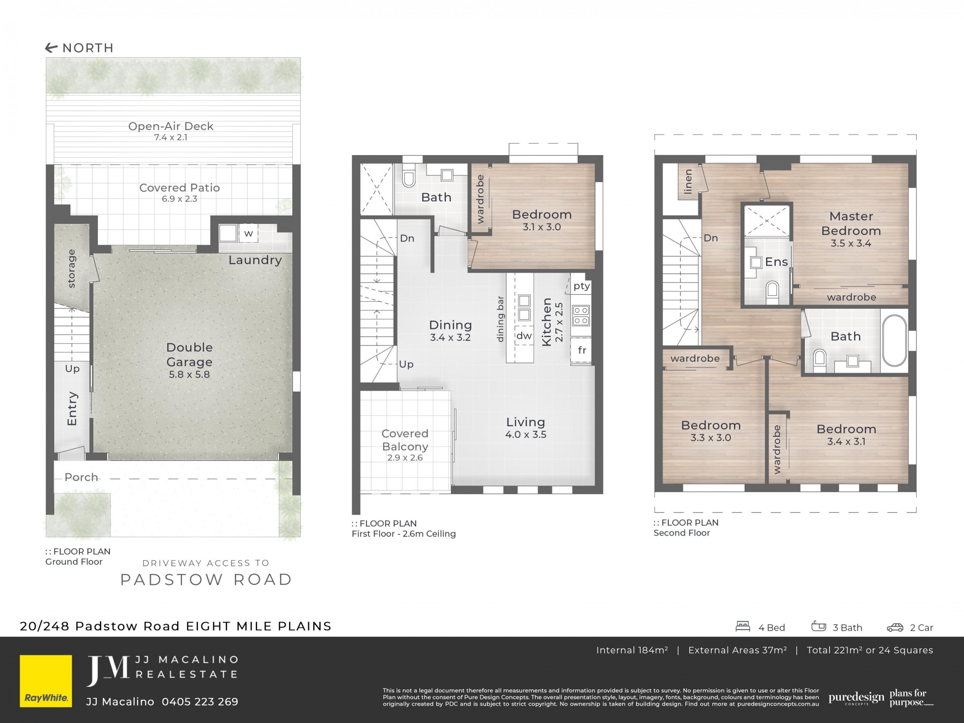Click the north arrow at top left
coord(51,48)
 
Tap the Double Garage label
coord(189,354)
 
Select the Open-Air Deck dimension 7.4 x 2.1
coord(171,137)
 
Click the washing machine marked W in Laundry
coord(248,233)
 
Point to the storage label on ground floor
coord(71,269)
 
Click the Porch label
coord(81,477)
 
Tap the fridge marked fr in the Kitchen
coord(582,350)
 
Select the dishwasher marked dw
coord(524,336)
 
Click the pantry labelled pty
coord(581,286)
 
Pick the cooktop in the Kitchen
coord(581,315)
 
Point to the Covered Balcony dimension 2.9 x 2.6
coord(405,458)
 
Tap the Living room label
coord(525,422)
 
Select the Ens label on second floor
coord(776,262)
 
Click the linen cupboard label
coord(688,181)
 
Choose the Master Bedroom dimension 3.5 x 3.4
coord(851,244)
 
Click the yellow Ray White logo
coord(46,681)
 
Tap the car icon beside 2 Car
coord(895,627)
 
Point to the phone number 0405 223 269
coord(200,702)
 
